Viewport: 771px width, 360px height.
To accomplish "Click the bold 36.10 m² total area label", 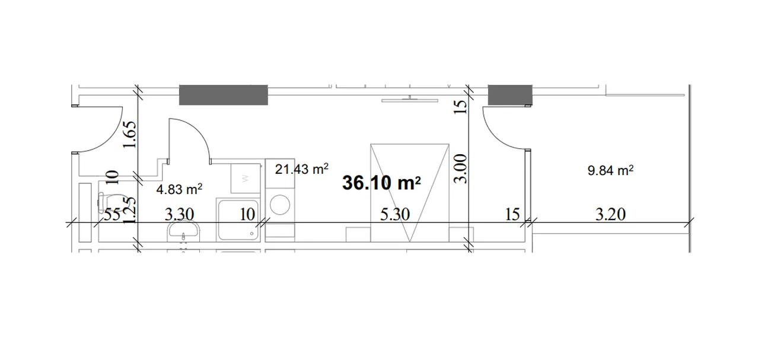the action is click(381, 183).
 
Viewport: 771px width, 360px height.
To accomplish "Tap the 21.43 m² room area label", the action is click(301, 169).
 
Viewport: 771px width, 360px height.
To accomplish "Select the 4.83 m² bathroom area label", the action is click(179, 189).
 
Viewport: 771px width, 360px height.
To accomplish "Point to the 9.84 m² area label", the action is click(610, 170).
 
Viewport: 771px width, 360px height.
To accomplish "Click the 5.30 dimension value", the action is click(395, 215).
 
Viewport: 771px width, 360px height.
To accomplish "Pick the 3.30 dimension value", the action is click(179, 215).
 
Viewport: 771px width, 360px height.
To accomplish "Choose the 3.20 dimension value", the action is click(610, 215).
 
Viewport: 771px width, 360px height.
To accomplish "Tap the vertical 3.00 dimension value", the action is click(461, 168).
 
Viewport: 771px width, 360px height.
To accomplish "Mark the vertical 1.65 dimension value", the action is click(130, 135).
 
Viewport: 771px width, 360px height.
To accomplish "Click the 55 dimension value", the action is click(112, 215).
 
